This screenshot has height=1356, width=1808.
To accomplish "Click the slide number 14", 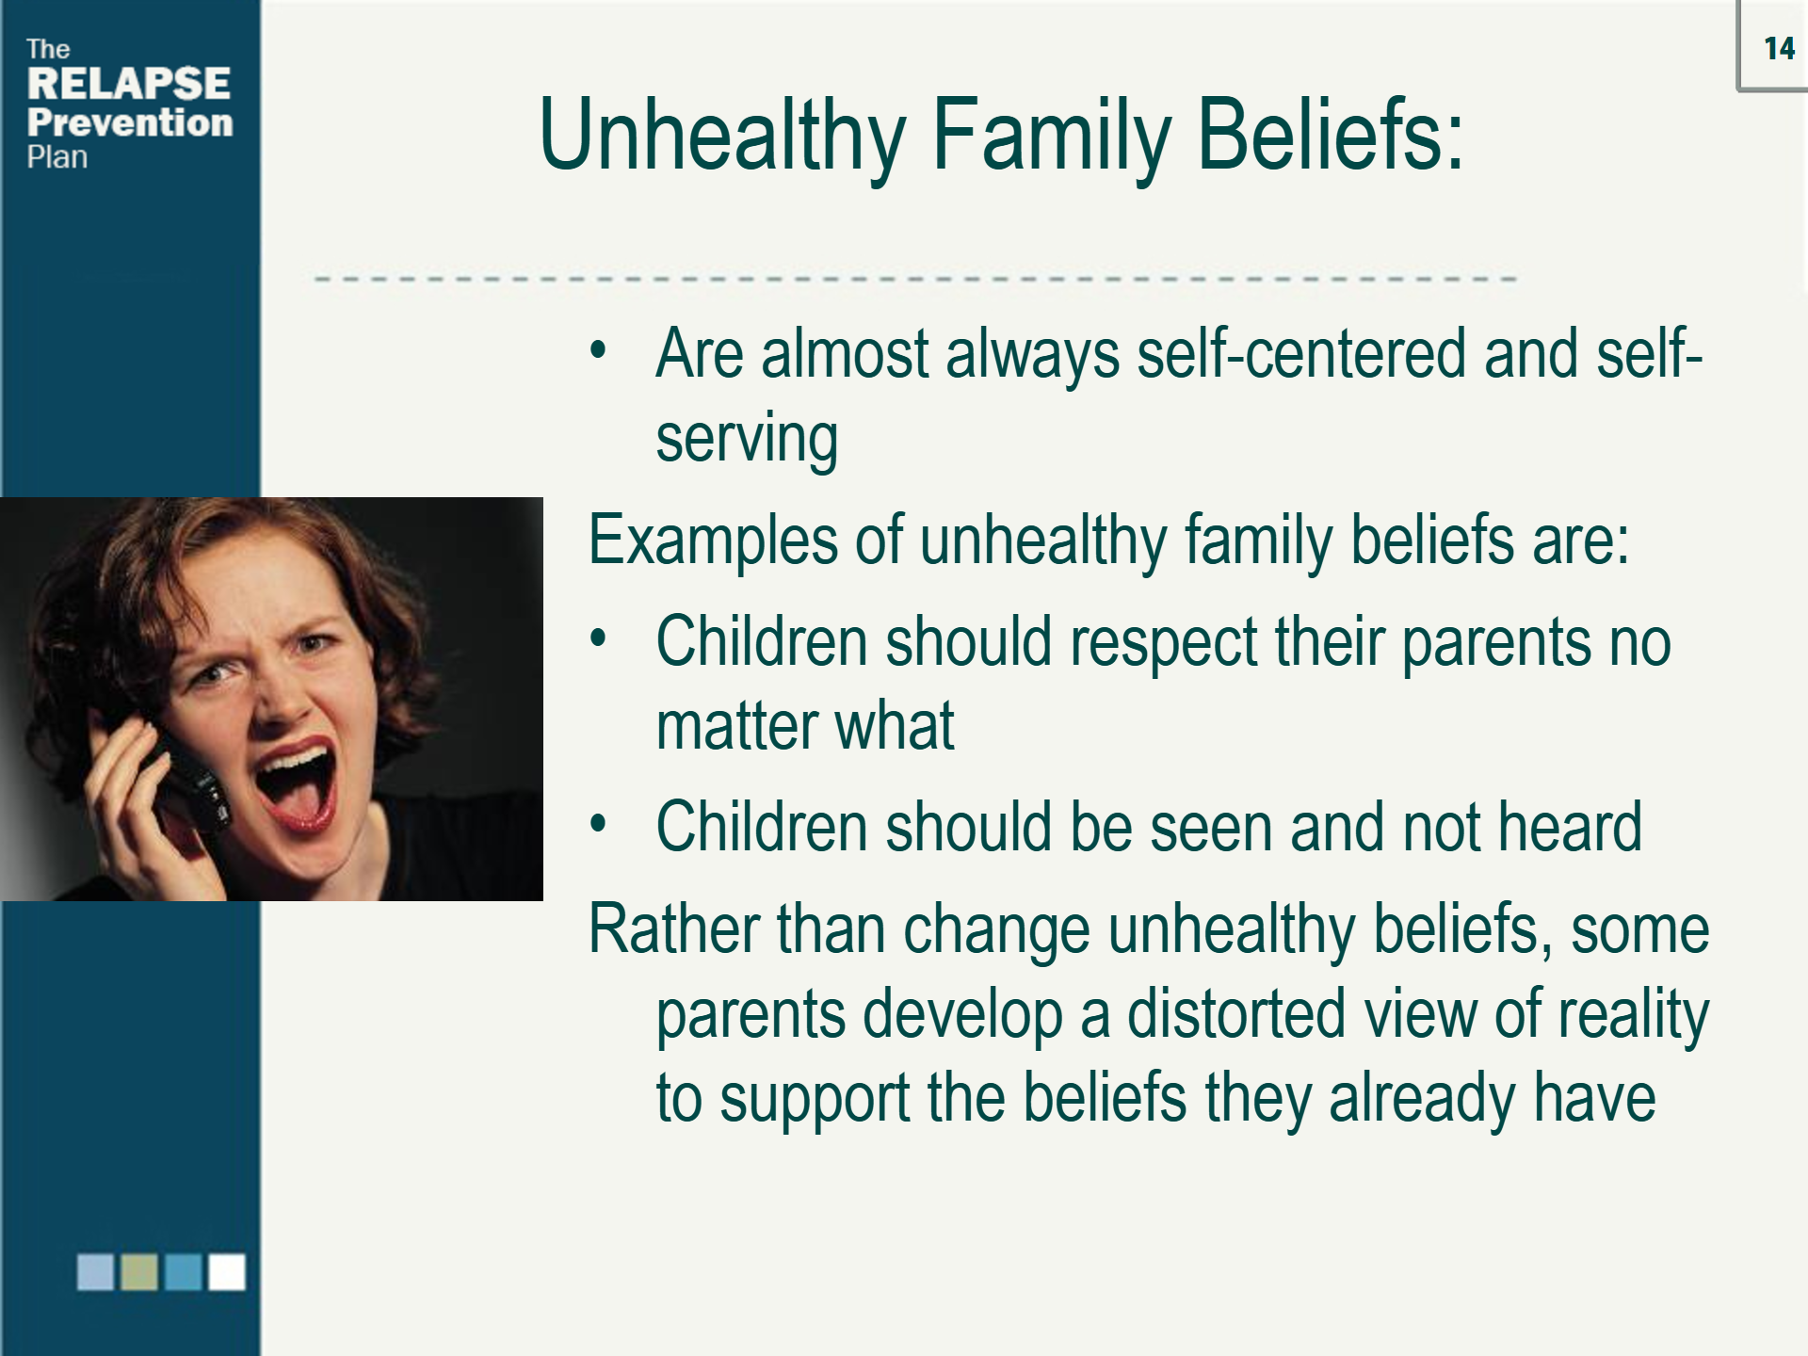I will click(1779, 49).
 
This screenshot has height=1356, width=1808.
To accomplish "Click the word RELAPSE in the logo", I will click(128, 84).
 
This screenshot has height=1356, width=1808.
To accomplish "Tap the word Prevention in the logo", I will click(130, 122).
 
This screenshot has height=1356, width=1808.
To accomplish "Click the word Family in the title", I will click(1052, 137).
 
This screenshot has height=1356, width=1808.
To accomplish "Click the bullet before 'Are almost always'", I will click(597, 351).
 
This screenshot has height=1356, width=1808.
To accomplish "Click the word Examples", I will click(713, 541).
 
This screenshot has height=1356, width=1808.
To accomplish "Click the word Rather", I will click(673, 929).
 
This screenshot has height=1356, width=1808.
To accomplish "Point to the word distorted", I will click(1235, 1014).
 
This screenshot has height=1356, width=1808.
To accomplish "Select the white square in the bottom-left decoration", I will click(226, 1271).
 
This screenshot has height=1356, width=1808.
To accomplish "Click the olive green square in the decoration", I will click(139, 1271).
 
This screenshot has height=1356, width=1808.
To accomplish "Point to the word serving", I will click(746, 440).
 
